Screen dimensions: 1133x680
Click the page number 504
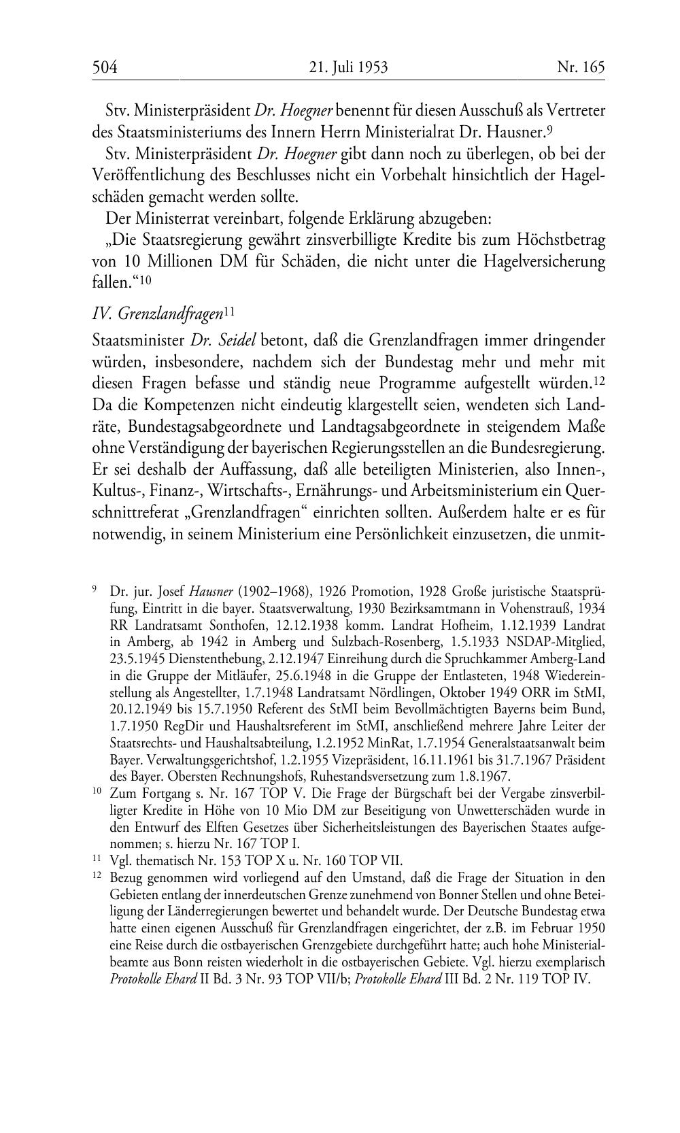[x=105, y=67]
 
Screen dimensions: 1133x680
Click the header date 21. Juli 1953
[x=348, y=67]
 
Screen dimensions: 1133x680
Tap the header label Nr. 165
[x=581, y=67]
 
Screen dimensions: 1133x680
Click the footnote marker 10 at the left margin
[x=96, y=793]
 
